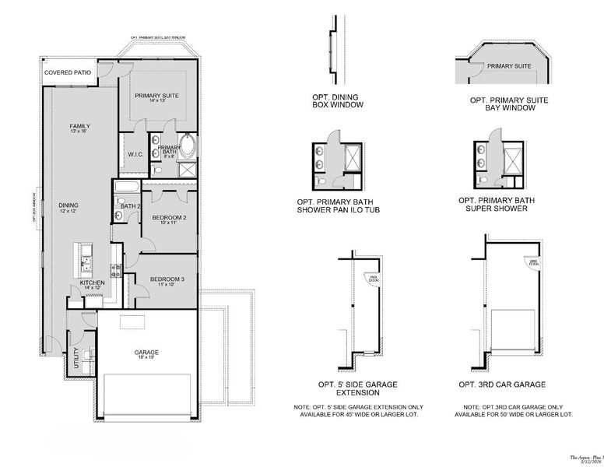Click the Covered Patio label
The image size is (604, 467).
click(68, 72)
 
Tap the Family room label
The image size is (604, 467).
click(79, 126)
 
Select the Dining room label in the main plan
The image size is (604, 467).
click(68, 205)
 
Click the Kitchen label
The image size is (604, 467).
click(93, 283)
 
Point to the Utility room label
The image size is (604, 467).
click(75, 356)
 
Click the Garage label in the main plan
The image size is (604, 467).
click(146, 352)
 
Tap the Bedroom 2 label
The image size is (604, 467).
click(168, 217)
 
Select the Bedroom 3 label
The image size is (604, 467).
click(167, 279)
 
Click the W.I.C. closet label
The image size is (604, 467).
click(134, 154)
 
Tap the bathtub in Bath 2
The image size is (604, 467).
click(126, 187)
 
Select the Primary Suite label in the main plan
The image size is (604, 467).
click(156, 96)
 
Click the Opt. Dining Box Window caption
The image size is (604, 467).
click(335, 100)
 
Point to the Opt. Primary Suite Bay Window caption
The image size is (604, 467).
click(509, 104)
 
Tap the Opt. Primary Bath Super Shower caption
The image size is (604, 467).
click(501, 204)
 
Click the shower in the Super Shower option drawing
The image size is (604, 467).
click(514, 160)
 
